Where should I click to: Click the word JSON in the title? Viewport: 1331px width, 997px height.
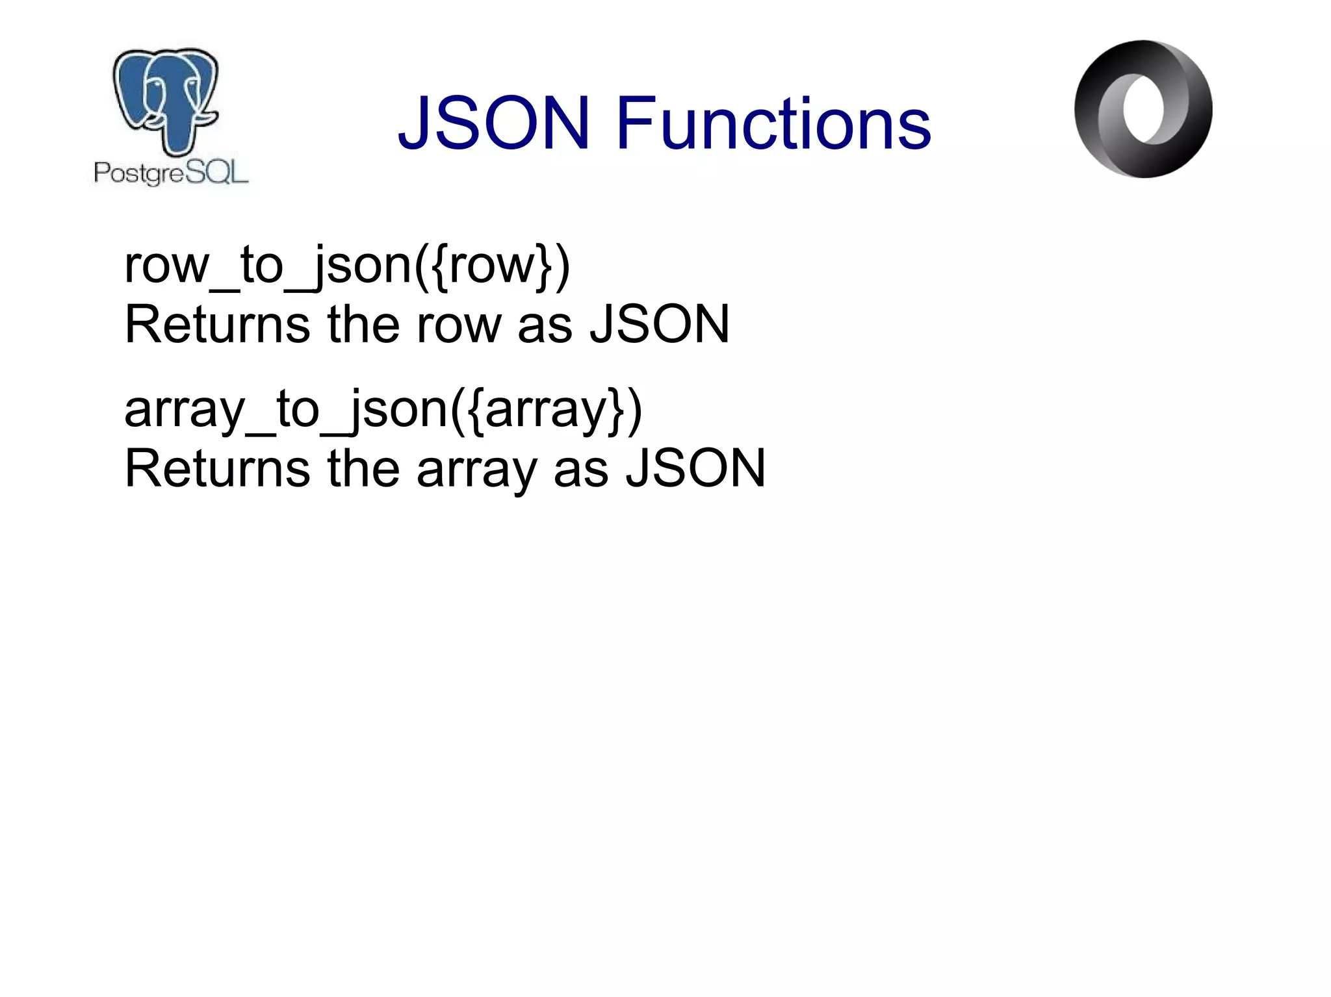tap(494, 123)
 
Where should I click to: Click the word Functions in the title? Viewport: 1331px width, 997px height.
tap(773, 123)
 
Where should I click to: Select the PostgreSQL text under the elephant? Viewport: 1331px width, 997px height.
tap(171, 173)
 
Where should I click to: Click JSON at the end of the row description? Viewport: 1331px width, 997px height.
tap(660, 324)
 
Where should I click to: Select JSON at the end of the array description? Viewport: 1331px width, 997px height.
tap(695, 468)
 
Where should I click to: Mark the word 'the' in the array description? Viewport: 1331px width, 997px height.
tap(363, 468)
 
